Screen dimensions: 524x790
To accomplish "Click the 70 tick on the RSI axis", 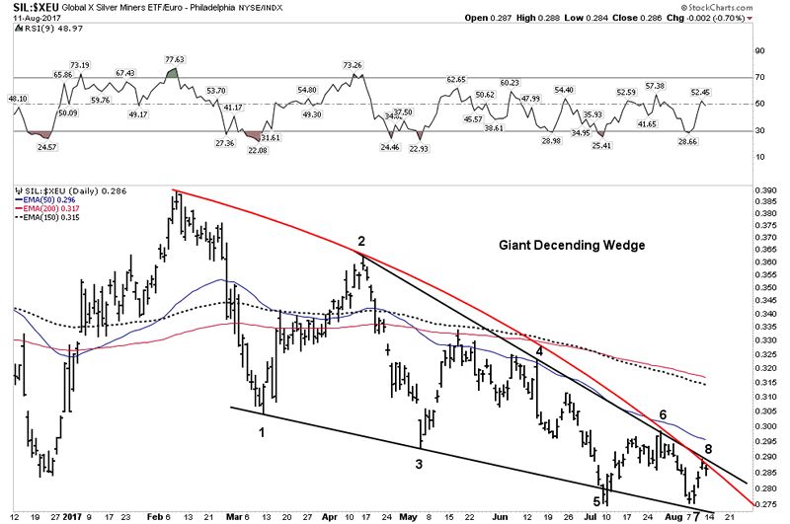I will [x=760, y=77].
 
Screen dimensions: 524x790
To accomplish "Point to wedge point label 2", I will [x=361, y=241].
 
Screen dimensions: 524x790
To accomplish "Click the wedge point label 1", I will [x=262, y=432].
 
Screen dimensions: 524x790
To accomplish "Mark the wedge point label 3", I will [x=419, y=463].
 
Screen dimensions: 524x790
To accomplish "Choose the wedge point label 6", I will [x=663, y=414].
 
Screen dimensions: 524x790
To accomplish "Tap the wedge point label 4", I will [x=539, y=350].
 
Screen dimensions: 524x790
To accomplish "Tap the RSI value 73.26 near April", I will [x=353, y=65].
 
